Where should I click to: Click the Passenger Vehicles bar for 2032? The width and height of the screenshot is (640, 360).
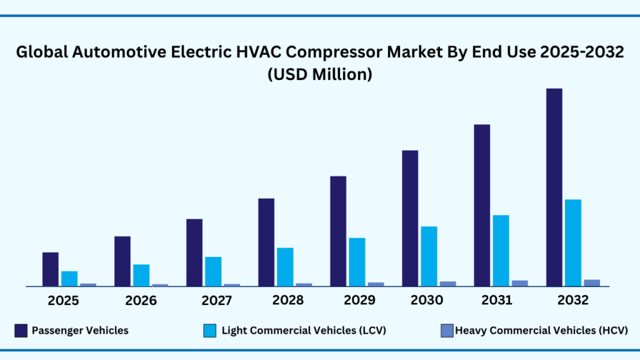[554, 187]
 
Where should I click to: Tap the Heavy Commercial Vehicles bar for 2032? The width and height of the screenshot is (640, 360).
[591, 282]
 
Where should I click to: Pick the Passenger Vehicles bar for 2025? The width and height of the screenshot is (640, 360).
[50, 269]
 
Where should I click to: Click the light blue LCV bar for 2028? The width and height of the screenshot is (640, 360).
[285, 267]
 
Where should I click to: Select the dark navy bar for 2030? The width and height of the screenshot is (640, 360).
[410, 218]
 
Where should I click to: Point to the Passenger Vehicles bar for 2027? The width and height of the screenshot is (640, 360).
[194, 252]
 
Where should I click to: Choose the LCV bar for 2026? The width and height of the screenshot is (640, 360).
[141, 275]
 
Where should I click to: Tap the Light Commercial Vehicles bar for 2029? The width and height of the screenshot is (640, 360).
[357, 262]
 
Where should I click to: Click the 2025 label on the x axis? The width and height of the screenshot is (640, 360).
[64, 301]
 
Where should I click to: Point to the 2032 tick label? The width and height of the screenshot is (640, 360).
[573, 301]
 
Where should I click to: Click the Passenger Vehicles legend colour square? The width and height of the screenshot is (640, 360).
[21, 330]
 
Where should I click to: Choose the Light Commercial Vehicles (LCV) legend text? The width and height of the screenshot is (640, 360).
[304, 331]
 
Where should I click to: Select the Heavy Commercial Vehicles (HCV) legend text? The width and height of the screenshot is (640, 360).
[541, 331]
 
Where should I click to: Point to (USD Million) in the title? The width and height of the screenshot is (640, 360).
[320, 74]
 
